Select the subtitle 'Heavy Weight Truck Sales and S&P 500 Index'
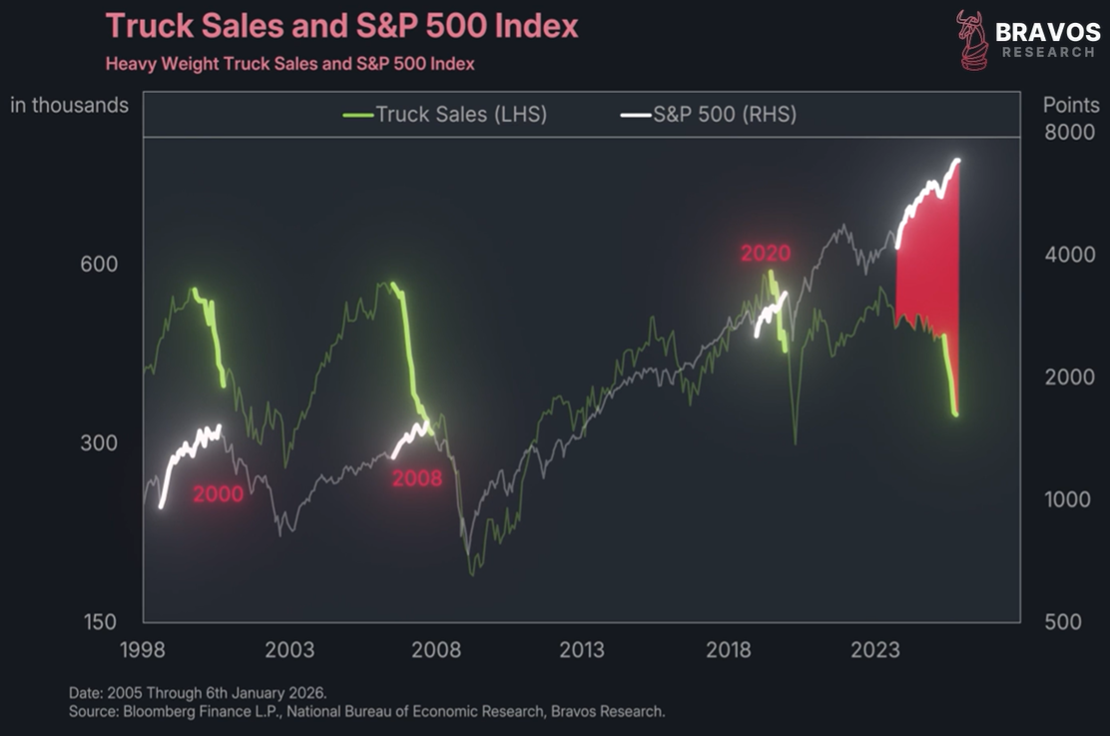289,64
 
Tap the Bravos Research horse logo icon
971,40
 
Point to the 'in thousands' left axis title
70,105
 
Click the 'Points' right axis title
1070,105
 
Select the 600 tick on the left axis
100,265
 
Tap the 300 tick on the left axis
100,443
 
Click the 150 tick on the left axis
100,622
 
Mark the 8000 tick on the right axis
1069,133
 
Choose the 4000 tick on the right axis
1069,255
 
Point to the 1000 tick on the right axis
1069,499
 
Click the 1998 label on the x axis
142,650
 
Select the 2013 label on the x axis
581,650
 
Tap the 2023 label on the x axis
874,650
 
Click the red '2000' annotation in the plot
218,493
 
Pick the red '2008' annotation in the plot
416,478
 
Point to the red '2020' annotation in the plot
766,253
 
